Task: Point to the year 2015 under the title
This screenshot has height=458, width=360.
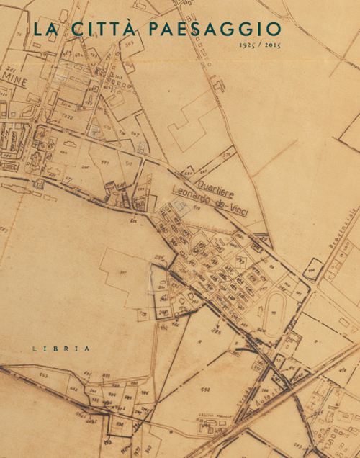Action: pyautogui.click(x=271, y=45)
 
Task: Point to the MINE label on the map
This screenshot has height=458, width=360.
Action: pyautogui.click(x=14, y=83)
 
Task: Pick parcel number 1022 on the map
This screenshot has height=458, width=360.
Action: pyautogui.click(x=66, y=117)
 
